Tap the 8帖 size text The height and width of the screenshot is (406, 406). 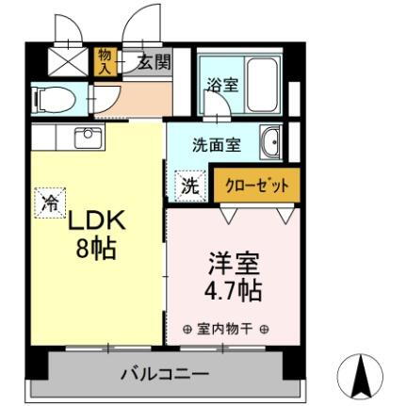[96, 251]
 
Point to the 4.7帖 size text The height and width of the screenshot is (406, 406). [230, 288]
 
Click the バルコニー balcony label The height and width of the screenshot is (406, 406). [164, 374]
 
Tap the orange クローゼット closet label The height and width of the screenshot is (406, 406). [257, 185]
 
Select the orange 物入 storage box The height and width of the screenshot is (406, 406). [105, 62]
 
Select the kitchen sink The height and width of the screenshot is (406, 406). [87, 138]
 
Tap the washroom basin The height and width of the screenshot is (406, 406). [270, 141]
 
